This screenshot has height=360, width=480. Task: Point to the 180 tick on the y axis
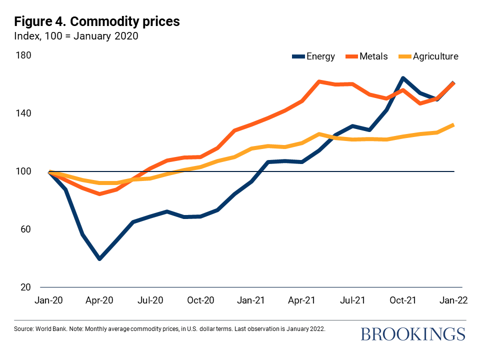coord(25,55)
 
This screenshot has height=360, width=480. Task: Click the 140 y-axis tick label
coord(25,113)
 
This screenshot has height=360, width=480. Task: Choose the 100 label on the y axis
coord(25,171)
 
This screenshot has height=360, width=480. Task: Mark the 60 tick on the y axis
coord(25,229)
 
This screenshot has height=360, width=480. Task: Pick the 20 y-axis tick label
coord(25,287)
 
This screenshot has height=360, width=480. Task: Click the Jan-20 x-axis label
coord(49,300)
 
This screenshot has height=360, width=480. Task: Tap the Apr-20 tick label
coord(100,300)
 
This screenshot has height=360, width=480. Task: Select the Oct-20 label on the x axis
coord(201,300)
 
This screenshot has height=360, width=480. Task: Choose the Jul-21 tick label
coord(352,300)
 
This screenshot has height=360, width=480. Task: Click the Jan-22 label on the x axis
coord(453,300)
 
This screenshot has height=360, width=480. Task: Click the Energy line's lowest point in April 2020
coord(99,258)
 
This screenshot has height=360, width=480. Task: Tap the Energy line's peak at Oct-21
coord(403,78)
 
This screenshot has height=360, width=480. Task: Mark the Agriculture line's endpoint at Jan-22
coord(453,125)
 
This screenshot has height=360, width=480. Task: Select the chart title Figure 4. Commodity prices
coord(97,22)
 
